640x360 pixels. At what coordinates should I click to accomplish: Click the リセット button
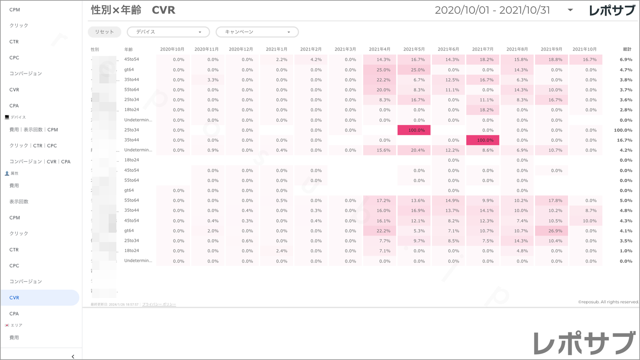(x=105, y=32)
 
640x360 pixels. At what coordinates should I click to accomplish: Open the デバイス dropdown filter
(x=168, y=32)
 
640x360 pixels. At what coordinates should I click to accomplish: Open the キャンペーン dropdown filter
(x=257, y=32)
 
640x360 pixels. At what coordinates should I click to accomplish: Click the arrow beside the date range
(x=570, y=10)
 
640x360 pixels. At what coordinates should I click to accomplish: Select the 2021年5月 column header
(x=414, y=49)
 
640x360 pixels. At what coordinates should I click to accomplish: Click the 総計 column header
(x=627, y=49)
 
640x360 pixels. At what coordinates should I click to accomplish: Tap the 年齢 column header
(x=128, y=49)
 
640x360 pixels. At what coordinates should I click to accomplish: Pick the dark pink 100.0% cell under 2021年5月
(x=414, y=130)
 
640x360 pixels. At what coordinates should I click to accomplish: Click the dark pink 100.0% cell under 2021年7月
(x=483, y=140)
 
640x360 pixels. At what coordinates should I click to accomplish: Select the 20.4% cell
(x=414, y=150)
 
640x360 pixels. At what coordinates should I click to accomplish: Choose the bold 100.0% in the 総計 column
(x=623, y=130)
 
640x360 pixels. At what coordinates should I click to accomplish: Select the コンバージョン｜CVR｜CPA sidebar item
(x=40, y=162)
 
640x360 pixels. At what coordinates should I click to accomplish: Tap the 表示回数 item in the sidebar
(x=19, y=201)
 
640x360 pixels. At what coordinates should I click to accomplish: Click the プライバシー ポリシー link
(x=159, y=305)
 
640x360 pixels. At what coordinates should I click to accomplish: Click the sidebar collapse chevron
(x=73, y=356)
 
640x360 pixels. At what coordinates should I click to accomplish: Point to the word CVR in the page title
(x=163, y=10)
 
